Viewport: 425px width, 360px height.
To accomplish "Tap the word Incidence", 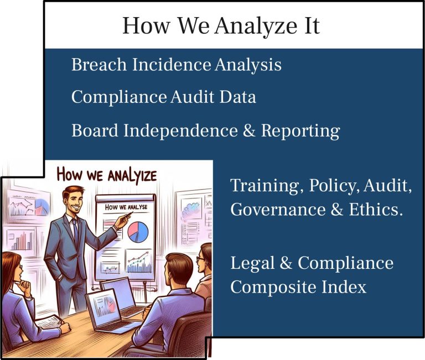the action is pyautogui.click(x=172, y=65).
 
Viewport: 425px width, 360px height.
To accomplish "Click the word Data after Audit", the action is pyautogui.click(x=237, y=97).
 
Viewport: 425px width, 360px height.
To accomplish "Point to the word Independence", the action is pyautogui.click(x=181, y=131).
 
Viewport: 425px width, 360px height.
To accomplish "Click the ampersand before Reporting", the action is pyautogui.click(x=249, y=131).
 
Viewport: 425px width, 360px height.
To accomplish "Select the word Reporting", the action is pyautogui.click(x=300, y=132).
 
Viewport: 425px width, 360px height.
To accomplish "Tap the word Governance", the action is pyautogui.click(x=278, y=210).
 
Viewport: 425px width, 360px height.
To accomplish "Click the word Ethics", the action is pyautogui.click(x=374, y=210).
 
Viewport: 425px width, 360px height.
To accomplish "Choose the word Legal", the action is pyautogui.click(x=252, y=263).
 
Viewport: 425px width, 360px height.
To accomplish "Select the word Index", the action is pyautogui.click(x=344, y=286).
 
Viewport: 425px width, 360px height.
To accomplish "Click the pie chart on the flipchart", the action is pyautogui.click(x=138, y=232).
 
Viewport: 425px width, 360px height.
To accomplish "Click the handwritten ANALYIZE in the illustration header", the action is pyautogui.click(x=132, y=176).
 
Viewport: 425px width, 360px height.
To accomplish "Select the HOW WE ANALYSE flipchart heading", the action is pyautogui.click(x=126, y=207).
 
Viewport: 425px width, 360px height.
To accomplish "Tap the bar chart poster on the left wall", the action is pyautogui.click(x=21, y=240).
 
